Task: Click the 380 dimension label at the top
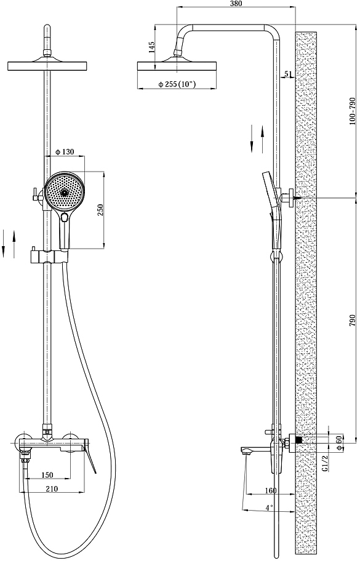(x=236, y=4)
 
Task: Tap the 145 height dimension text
(x=151, y=47)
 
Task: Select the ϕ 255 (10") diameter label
(x=177, y=84)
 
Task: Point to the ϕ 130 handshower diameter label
(x=65, y=152)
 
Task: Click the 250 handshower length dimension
(x=100, y=210)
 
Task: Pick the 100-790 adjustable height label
(x=353, y=111)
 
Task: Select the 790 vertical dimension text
(x=353, y=321)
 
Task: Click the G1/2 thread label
(x=325, y=463)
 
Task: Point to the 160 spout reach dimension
(x=270, y=490)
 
